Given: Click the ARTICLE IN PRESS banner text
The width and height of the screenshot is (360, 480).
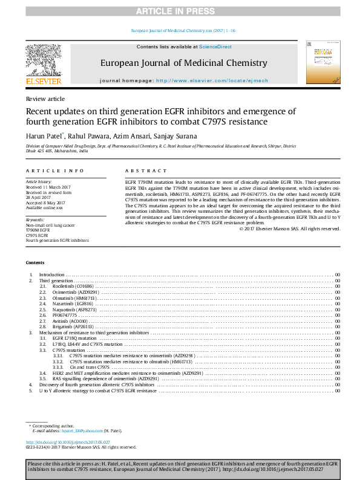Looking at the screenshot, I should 180,11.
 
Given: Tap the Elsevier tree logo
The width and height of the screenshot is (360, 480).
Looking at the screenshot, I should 43,60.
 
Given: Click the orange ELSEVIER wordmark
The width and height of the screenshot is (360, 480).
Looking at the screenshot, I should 43,81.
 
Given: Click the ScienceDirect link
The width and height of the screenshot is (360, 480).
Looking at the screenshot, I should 212,47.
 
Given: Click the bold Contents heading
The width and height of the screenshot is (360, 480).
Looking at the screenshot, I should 34,262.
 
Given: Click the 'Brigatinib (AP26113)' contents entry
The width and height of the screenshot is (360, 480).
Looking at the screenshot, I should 73,327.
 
